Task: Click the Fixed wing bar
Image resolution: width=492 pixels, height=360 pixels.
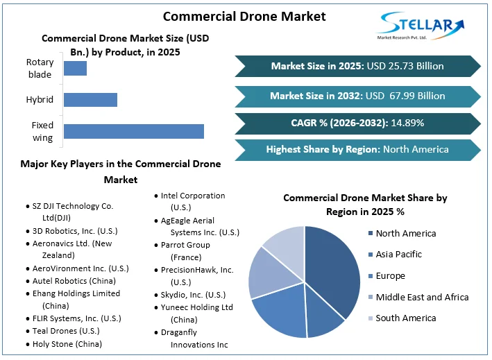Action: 133,131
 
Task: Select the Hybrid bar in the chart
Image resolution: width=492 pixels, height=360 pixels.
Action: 90,99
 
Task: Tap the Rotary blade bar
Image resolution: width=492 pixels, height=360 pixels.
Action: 75,68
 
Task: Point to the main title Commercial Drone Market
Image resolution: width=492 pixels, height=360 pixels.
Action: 244,15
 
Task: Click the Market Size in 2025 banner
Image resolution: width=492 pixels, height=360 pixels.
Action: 357,67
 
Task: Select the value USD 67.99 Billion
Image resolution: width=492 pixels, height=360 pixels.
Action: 405,96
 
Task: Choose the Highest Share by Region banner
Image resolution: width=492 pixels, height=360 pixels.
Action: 357,149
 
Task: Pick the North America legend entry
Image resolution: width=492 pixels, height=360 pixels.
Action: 406,234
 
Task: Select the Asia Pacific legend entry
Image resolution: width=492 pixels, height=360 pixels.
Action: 398,255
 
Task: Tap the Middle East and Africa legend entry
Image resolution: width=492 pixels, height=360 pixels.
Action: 422,297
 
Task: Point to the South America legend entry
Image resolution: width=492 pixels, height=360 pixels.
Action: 406,318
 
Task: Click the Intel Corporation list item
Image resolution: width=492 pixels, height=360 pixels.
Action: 193,201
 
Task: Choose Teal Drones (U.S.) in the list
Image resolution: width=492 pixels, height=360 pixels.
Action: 66,331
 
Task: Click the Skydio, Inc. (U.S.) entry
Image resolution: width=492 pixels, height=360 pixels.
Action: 193,295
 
